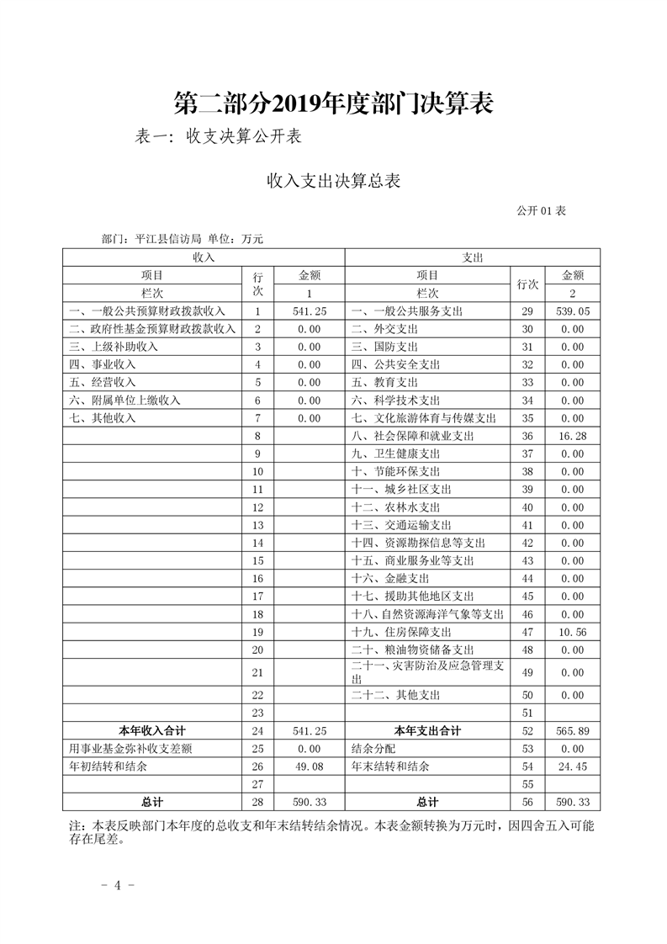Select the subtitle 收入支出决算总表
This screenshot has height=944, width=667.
pos(332,180)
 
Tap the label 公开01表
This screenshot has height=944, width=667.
pos(541,210)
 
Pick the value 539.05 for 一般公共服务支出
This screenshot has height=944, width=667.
pos(572,311)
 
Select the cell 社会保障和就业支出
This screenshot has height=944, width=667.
pos(412,436)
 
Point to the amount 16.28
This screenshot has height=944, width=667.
pos(572,436)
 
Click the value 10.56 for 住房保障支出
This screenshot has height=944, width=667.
pos(572,632)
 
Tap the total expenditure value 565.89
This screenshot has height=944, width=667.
pos(572,730)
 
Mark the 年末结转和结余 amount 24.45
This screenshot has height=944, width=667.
pos(572,766)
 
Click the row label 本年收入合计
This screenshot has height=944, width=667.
pos(151,730)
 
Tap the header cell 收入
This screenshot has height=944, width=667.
pos(204,257)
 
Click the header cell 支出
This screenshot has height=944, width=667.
pos(472,257)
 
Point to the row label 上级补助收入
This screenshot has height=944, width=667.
pos(114,347)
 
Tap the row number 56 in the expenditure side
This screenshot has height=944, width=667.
pos(528,802)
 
